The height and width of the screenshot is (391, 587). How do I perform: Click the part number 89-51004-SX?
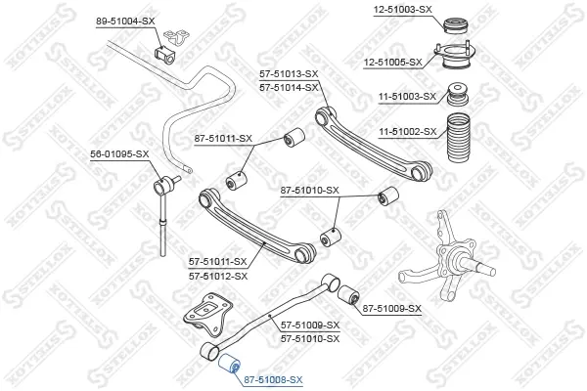(125, 22)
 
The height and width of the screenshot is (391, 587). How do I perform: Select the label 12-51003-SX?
(402, 10)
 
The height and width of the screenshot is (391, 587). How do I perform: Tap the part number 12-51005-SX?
(392, 63)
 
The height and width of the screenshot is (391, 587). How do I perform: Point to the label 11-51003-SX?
(407, 97)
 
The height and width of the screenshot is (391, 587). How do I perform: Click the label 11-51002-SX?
(408, 132)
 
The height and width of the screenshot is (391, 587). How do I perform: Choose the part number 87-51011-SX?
(223, 139)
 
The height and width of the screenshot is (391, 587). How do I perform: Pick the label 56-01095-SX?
(119, 153)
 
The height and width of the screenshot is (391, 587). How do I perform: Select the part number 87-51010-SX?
(310, 191)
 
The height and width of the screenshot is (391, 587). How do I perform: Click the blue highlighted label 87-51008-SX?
(273, 380)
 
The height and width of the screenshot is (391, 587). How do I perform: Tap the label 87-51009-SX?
(392, 309)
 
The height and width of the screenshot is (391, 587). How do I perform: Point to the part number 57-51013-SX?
(289, 74)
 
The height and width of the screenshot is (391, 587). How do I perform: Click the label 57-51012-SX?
(218, 277)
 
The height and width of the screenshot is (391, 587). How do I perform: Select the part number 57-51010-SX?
(310, 338)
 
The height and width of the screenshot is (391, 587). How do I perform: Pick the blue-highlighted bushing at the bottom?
(229, 364)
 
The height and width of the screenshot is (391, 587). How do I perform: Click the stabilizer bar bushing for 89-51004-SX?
(164, 54)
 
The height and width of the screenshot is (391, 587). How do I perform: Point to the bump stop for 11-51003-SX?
(458, 94)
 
